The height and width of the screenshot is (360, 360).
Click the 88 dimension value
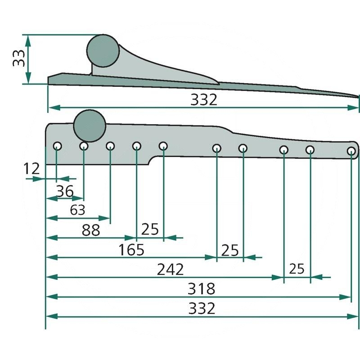[x=90, y=230]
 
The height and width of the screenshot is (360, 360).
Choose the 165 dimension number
[x=131, y=250]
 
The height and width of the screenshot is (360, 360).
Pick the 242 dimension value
[x=171, y=270]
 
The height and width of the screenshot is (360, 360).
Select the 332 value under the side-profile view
[x=204, y=100]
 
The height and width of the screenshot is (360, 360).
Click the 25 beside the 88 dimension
[x=150, y=229]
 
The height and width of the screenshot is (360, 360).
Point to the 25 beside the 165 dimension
[x=229, y=250]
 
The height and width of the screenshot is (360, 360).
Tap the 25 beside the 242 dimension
[x=297, y=269]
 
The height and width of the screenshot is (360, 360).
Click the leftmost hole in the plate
[x=57, y=146]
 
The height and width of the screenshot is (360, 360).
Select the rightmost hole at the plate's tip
[x=351, y=151]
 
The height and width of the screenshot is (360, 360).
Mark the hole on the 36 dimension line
[x=84, y=146]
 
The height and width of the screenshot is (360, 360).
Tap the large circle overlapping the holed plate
[x=90, y=126]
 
